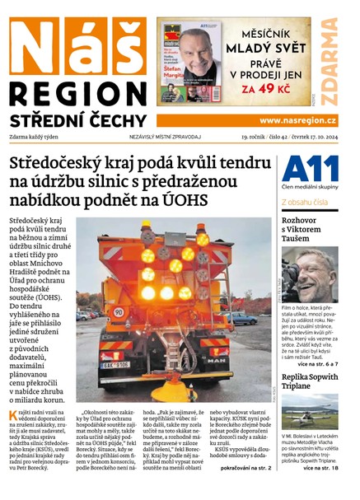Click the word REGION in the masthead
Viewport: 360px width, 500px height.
click(77, 92)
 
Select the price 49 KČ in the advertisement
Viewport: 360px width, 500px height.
click(276, 86)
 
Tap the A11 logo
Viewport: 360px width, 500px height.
click(310, 170)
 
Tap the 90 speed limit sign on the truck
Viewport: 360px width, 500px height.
click(119, 312)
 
